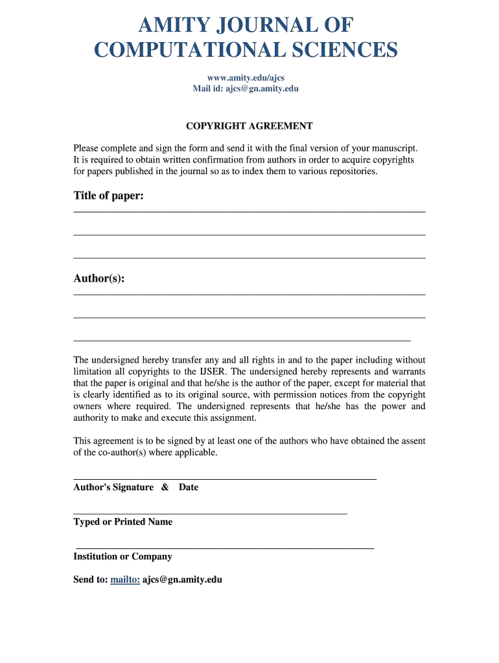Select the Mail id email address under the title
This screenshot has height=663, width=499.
262,89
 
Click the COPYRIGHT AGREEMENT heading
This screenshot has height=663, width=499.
250,126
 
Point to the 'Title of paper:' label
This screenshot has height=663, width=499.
108,196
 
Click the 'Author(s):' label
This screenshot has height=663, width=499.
99,278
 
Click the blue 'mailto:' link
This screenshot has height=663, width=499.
125,579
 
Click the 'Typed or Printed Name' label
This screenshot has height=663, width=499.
123,522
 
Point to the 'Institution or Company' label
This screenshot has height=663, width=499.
122,556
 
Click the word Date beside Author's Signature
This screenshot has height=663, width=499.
189,487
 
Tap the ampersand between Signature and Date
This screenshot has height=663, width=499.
165,487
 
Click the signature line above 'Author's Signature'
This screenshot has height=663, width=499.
225,478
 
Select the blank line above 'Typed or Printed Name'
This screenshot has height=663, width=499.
211,513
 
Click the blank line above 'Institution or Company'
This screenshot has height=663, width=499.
225,548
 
